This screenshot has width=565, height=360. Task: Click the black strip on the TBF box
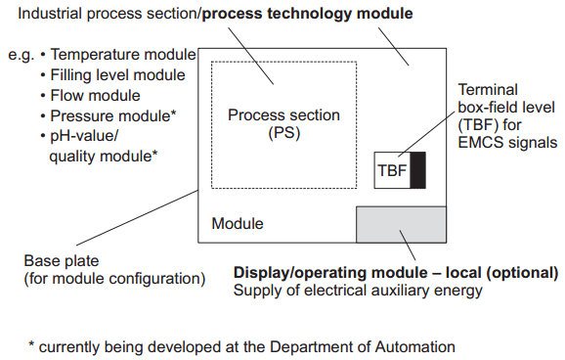[x=418, y=170]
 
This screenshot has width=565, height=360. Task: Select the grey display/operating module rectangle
[x=401, y=225]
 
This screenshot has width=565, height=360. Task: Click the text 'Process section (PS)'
[x=283, y=124]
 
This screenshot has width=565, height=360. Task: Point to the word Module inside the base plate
[x=238, y=224]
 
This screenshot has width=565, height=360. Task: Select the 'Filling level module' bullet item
[x=118, y=75]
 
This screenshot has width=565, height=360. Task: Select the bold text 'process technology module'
[x=307, y=14]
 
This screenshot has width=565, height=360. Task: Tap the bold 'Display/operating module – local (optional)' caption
[x=395, y=272]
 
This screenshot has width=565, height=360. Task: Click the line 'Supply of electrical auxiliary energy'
[x=357, y=291]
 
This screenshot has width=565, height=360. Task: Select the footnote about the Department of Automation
[x=241, y=344]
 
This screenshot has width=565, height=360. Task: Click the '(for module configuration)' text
[x=114, y=280]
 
